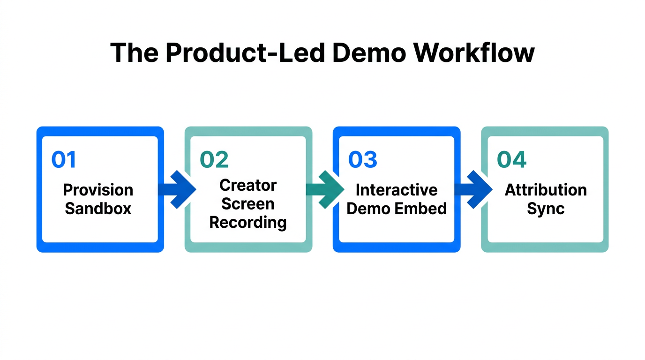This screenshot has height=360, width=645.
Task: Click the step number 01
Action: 63,160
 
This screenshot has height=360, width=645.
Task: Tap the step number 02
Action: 214,160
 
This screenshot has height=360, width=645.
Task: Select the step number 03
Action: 363,160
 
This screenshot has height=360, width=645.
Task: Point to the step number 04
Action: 511,160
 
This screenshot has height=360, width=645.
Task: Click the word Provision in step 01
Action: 98,190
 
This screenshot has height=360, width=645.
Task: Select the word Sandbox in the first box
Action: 98,209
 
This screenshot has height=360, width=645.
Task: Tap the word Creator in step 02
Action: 248,185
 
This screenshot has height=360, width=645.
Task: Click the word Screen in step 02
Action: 248,204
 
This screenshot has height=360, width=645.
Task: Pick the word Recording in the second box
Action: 248,223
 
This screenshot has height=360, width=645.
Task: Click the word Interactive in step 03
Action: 397,190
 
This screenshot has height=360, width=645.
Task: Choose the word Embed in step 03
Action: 424,209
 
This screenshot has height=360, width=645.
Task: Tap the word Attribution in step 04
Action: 546,190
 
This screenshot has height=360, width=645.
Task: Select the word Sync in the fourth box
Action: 546,209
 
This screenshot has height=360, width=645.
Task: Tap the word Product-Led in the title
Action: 245,52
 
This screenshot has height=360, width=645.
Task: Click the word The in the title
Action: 134,52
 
